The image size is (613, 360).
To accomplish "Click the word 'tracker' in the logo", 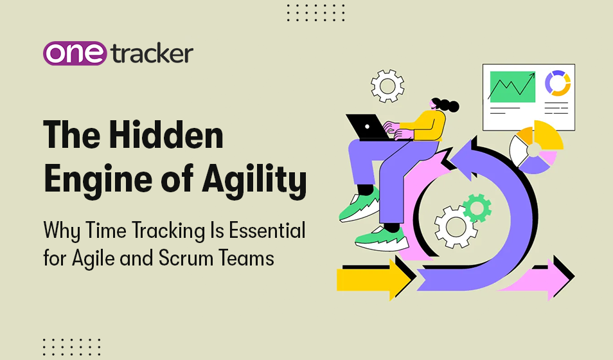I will pyautogui.click(x=151, y=54).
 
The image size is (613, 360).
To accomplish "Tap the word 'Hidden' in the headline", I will pyautogui.click(x=173, y=136).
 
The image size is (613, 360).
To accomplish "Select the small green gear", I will pyautogui.click(x=477, y=208).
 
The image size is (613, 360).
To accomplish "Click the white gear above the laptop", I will pyautogui.click(x=387, y=85).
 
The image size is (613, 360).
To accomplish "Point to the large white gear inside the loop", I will pyautogui.click(x=456, y=226).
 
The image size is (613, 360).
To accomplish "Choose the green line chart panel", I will pyautogui.click(x=511, y=86).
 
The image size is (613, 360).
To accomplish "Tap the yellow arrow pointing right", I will pyautogui.click(x=373, y=279).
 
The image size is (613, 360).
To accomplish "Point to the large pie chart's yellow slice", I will pyautogui.click(x=546, y=133).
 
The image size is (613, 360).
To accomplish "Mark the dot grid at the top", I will pyautogui.click(x=315, y=12).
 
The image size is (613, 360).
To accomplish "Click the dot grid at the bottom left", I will pyautogui.click(x=71, y=347).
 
